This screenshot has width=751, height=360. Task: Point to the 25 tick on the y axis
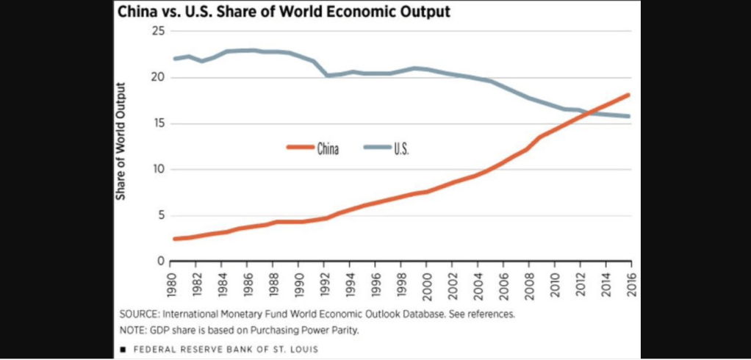pos(157,31)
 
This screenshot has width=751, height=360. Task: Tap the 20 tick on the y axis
pos(157,77)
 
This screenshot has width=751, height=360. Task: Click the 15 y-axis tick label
pos(157,123)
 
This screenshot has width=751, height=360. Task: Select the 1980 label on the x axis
pos(173,282)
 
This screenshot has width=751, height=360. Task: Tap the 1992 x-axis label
pos(326,282)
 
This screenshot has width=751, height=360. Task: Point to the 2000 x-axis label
pos(427,282)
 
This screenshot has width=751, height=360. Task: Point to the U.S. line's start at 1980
pos(174,59)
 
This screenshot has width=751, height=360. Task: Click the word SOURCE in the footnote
pos(138,314)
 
